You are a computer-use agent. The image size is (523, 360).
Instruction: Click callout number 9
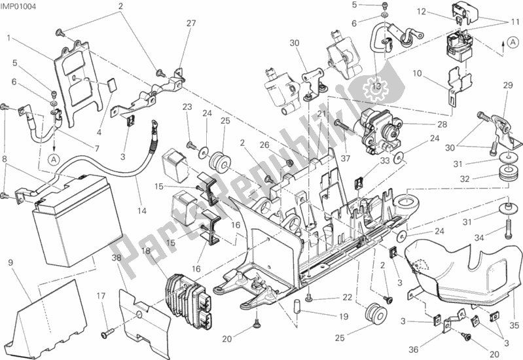pyautogui.click(x=10, y=263)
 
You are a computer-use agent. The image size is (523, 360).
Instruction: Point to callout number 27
pyautogui.click(x=190, y=24)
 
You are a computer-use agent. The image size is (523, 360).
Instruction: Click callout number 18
pyautogui.click(x=146, y=250)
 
